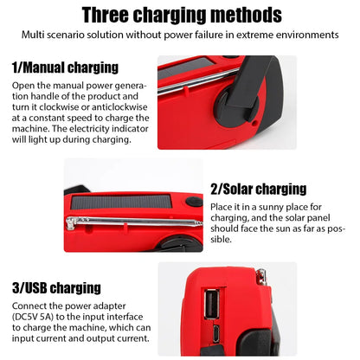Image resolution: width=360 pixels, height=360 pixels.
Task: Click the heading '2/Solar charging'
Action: click(259, 189)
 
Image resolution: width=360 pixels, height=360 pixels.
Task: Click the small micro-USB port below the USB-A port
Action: click(215, 334)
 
